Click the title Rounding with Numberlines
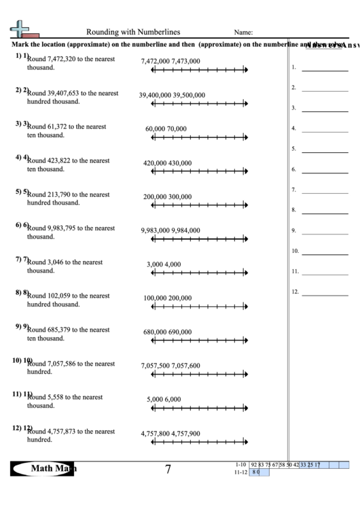[x=132, y=31]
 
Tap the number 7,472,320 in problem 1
[x=68, y=59]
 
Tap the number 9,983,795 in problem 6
[x=68, y=228]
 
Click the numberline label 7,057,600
[x=185, y=366]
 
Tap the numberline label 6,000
[x=173, y=399]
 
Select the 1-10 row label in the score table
[x=238, y=465]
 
